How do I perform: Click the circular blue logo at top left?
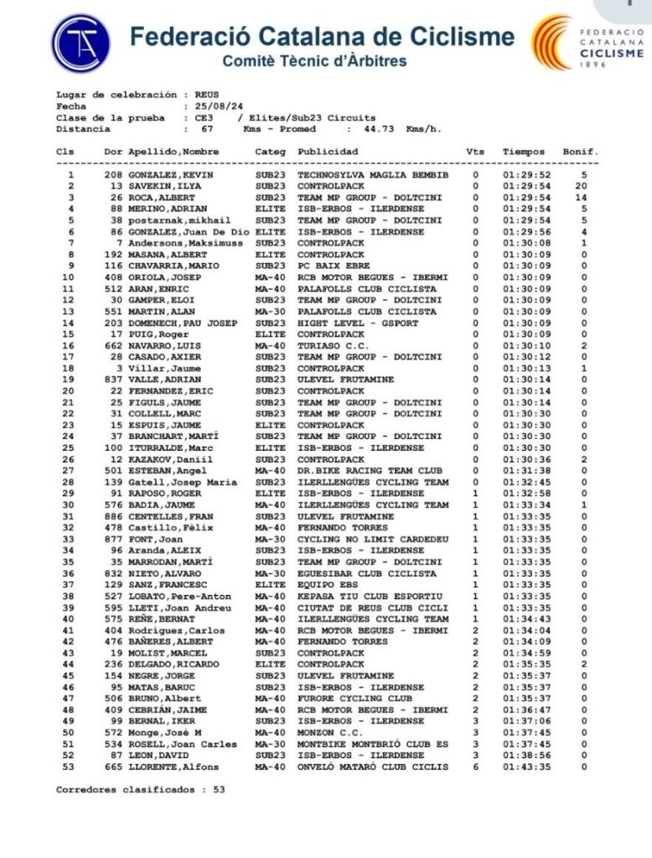pos(80,43)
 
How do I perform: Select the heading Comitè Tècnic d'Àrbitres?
pos(314,61)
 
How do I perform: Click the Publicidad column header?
pos(329,152)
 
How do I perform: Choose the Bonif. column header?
pos(580,152)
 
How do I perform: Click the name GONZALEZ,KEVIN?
pos(171,174)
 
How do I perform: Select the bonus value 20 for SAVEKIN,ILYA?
pos(581,186)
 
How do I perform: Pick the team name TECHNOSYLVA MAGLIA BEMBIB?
pos(373,174)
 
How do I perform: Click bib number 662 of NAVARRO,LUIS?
pos(113,345)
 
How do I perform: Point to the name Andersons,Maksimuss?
pos(180,243)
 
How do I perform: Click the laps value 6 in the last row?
pos(475,767)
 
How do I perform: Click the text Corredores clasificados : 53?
pos(140,789)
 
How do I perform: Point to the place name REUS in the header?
pos(207,95)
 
